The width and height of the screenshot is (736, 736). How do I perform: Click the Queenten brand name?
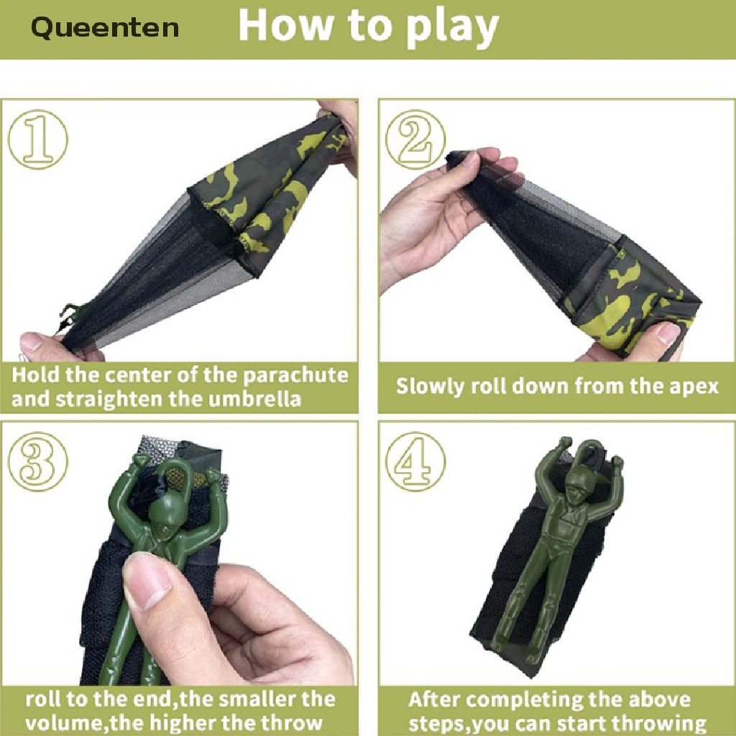click(105, 28)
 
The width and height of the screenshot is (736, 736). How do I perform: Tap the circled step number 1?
click(38, 139)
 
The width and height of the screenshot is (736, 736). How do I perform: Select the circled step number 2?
click(415, 139)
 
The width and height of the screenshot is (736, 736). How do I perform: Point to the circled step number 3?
click(38, 461)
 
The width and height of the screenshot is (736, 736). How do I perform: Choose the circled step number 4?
click(415, 461)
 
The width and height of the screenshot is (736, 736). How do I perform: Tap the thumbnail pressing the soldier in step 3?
click(147, 581)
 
